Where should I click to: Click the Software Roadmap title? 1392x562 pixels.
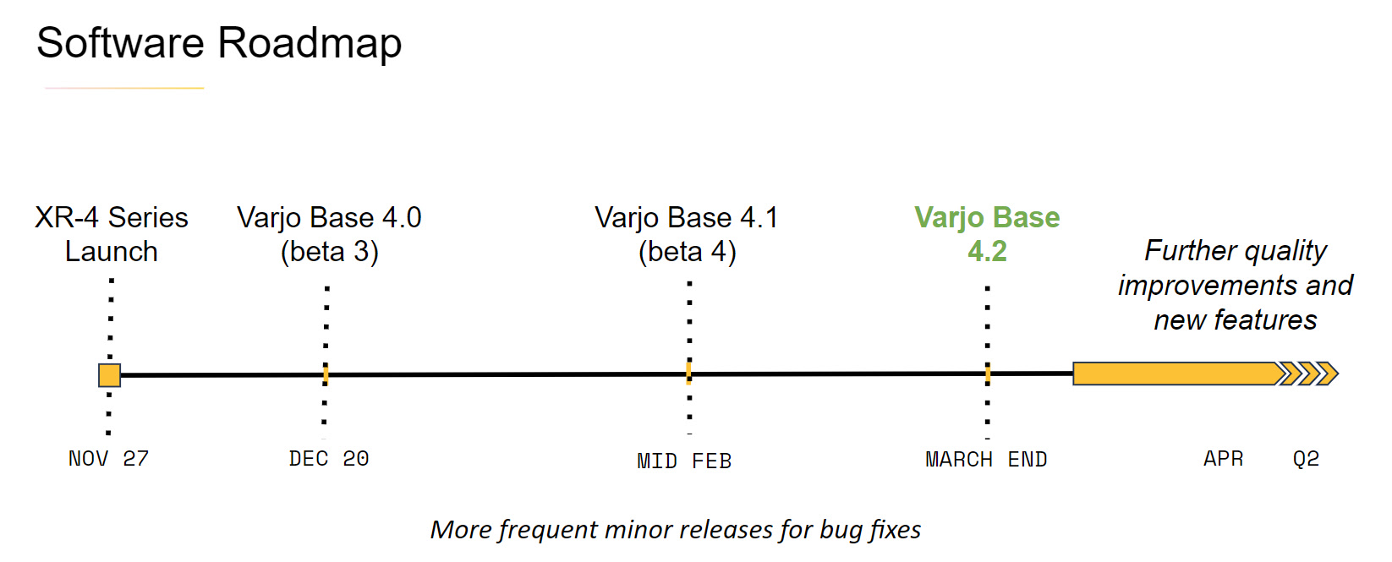coord(219,43)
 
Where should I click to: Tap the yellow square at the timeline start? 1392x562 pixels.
coord(109,375)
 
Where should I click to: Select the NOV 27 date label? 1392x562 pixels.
coord(109,458)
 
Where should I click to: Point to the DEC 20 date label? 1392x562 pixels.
coord(329,458)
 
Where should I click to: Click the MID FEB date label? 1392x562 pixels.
coord(684,461)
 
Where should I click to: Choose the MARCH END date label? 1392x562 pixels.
coord(986,459)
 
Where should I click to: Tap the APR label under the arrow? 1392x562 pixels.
coord(1223,458)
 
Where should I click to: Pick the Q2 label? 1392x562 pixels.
coord(1306,458)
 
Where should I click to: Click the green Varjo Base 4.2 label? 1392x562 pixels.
coord(987,234)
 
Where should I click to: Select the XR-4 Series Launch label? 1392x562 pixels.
coord(112,234)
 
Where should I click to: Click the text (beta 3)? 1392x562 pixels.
coord(329,252)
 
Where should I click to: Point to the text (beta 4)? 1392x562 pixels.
coord(688,252)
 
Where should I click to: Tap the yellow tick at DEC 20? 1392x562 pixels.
coord(326,374)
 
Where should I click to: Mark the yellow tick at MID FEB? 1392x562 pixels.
coord(688,374)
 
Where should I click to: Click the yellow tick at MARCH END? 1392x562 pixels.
coord(988,374)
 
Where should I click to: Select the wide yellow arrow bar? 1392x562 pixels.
coord(1204,374)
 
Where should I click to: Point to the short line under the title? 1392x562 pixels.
coord(124,88)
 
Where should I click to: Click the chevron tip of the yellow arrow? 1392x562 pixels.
coord(1338,374)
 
